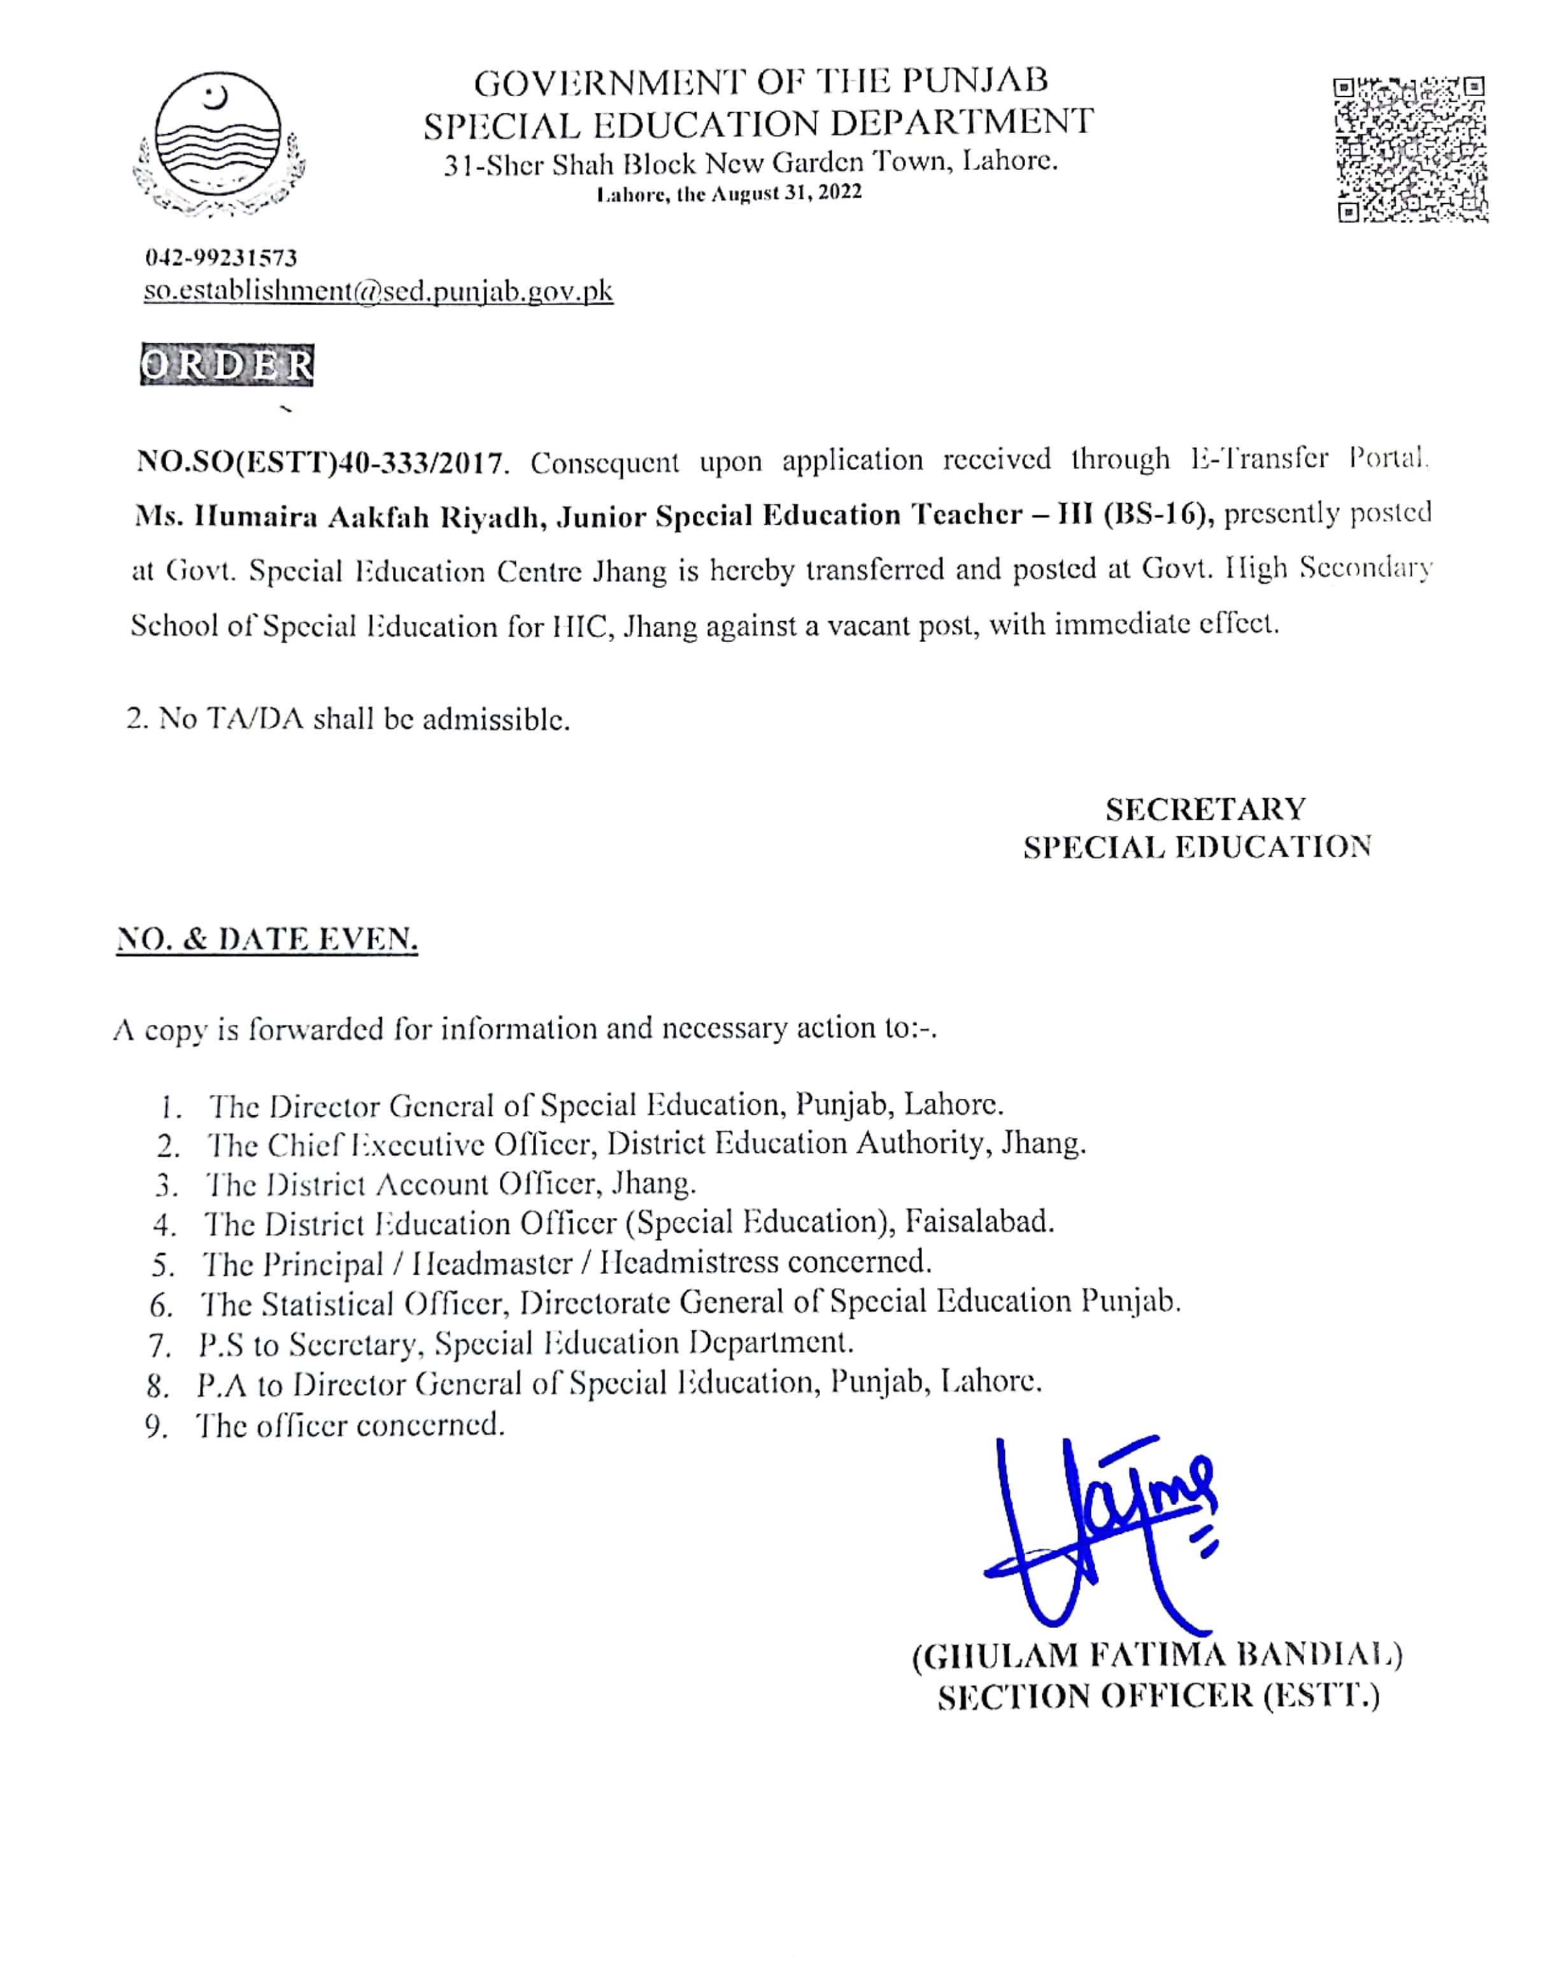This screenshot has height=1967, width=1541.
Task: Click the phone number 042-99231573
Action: click(x=221, y=258)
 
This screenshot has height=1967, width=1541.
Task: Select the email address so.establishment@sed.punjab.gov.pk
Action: click(x=378, y=292)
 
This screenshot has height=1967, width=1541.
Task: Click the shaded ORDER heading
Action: click(x=227, y=366)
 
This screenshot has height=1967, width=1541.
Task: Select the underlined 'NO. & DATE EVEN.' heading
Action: click(x=267, y=940)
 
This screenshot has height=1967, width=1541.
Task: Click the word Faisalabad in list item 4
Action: click(x=980, y=1222)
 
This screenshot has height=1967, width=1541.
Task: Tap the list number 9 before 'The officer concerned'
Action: click(x=157, y=1427)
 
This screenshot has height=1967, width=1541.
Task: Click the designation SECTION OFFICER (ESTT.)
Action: click(x=1158, y=1697)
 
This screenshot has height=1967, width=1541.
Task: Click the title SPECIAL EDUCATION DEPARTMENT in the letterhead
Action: click(x=759, y=123)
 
